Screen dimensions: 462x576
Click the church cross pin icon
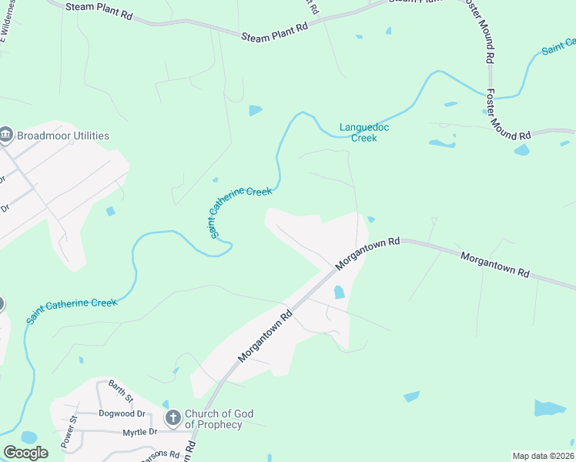(173, 419)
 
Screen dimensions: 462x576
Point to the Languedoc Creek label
(359, 132)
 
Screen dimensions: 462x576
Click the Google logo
(25, 453)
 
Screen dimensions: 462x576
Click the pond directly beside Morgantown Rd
(339, 292)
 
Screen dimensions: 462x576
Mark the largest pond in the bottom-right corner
(550, 407)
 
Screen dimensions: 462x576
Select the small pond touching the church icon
(166, 404)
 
